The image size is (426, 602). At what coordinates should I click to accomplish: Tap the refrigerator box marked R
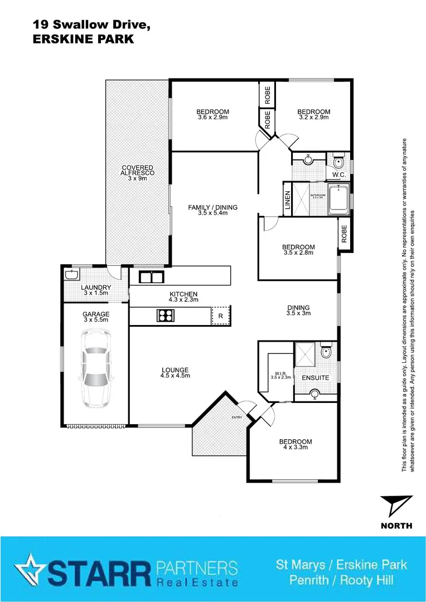pos(220,315)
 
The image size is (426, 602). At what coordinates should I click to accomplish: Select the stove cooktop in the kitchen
pos(166,316)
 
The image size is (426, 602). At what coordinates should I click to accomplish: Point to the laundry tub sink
pos(72,274)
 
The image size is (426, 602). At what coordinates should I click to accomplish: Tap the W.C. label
pos(339,175)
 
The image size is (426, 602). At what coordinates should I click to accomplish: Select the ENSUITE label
pos(315,378)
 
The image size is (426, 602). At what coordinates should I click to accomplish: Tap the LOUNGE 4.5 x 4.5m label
pos(176,372)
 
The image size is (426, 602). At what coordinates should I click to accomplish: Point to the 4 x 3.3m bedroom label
pos(295,445)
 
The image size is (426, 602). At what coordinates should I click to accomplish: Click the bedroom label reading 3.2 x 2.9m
pos(313,114)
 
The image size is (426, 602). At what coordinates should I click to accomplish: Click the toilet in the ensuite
pos(327,352)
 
